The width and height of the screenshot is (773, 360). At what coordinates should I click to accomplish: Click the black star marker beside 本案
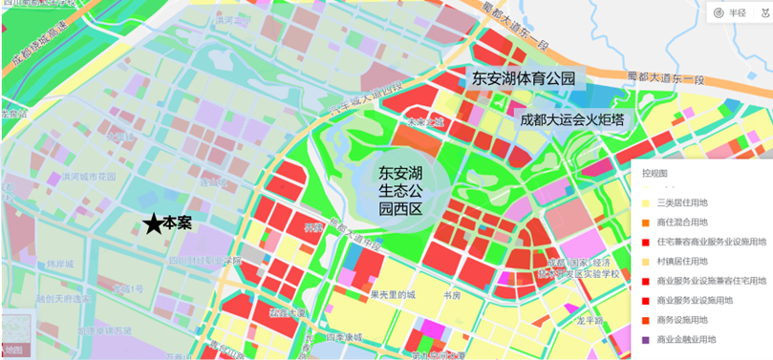153,223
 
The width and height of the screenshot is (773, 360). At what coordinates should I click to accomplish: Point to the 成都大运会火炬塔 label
572,119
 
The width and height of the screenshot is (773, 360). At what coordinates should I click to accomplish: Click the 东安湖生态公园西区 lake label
401,189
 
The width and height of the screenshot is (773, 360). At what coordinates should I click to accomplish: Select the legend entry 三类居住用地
681,202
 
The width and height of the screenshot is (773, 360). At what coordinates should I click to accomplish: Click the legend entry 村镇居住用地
681,261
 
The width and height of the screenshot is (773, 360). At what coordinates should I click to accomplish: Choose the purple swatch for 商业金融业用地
644,339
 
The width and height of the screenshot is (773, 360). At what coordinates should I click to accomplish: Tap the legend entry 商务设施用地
681,320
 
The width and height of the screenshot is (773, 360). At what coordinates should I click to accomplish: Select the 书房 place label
452,296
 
